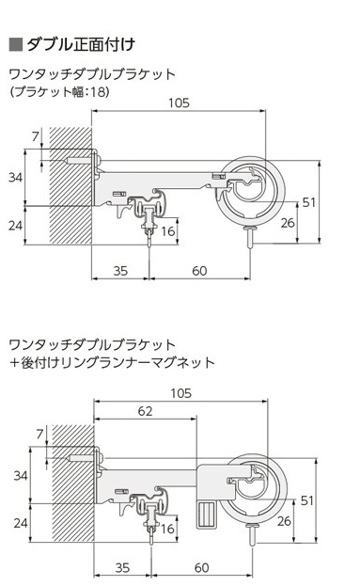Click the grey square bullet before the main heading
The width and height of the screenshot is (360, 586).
(16, 44)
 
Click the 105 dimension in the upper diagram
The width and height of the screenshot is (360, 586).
(179, 103)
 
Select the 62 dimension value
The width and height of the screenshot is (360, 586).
(145, 411)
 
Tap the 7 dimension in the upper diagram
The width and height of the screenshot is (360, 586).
(35, 136)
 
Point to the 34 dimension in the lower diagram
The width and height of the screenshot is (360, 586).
(21, 475)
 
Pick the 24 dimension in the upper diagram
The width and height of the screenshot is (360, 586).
(15, 226)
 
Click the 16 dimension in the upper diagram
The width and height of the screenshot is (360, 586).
(168, 231)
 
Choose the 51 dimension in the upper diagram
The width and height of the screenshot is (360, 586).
(309, 202)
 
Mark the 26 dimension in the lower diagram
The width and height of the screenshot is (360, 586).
(284, 520)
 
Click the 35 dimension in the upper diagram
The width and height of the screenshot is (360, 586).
(120, 271)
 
